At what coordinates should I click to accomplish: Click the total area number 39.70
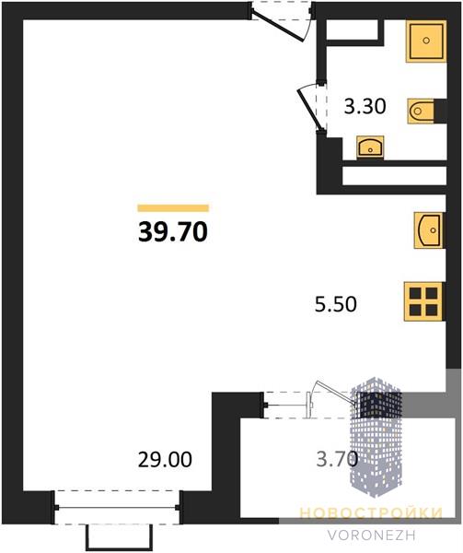pos(173,232)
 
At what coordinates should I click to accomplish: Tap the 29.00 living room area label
pos(165,460)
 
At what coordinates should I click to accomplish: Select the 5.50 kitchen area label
pos(336,304)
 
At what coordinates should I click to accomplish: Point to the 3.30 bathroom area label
pos(365,106)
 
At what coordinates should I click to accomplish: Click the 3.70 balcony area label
pos(337,459)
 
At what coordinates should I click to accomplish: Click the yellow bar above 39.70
pos(173,208)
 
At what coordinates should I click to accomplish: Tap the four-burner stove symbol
pos(423,301)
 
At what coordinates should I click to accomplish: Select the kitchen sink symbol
pos(429,230)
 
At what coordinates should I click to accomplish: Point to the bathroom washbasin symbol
pos(370,147)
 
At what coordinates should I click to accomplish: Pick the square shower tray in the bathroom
pos(426,41)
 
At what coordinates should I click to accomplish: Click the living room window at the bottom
pos(117,508)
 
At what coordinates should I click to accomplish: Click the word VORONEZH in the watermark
pos(372,535)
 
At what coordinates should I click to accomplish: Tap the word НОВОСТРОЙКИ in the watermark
pos(371,513)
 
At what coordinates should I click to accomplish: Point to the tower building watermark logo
pos(376,437)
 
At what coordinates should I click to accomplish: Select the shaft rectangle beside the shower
pos(353,30)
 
